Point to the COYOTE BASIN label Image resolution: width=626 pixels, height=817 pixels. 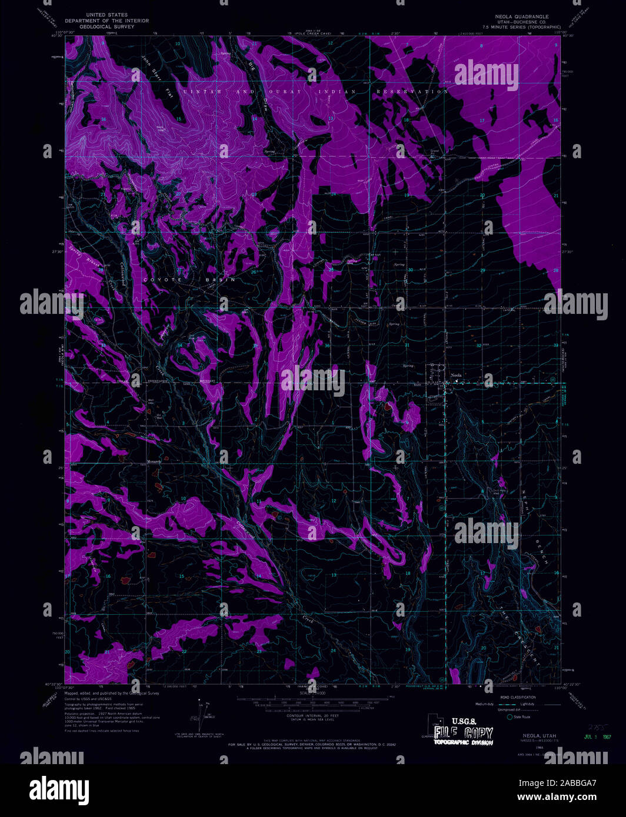[189, 280]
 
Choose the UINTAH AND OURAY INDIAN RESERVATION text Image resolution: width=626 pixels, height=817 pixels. [315, 92]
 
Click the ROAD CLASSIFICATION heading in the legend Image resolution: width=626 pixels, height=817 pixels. [518, 697]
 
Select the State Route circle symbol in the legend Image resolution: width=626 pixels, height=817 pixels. [510, 716]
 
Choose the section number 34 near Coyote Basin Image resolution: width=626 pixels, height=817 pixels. [180, 345]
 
